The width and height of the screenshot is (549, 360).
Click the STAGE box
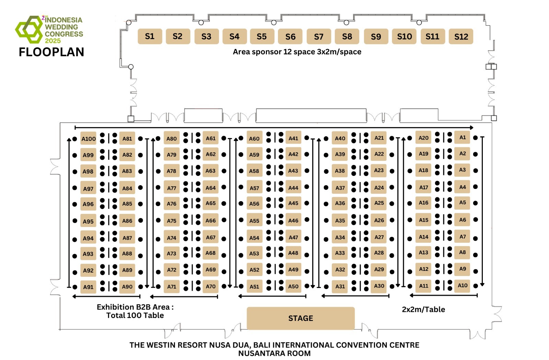pyautogui.click(x=301, y=318)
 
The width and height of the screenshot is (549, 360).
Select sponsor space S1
pyautogui.click(x=150, y=36)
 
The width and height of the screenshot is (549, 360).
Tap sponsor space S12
pyautogui.click(x=461, y=37)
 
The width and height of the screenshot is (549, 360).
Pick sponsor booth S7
pyautogui.click(x=318, y=37)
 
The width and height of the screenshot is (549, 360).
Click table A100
pyautogui.click(x=88, y=139)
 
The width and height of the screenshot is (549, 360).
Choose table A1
pyautogui.click(x=463, y=137)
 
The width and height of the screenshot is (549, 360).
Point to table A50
pyautogui.click(x=293, y=286)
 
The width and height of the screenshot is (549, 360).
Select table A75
pyautogui.click(x=172, y=221)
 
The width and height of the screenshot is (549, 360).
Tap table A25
pyautogui.click(x=379, y=203)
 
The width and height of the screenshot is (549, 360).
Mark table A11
pyautogui.click(x=423, y=286)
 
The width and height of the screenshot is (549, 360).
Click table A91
pyautogui.click(x=88, y=287)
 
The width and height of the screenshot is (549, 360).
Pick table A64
pyautogui.click(x=210, y=188)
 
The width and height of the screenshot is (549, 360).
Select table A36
pyautogui.click(x=340, y=203)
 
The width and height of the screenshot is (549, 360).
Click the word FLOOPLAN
pyautogui.click(x=51, y=52)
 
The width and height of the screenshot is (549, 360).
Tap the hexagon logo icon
pyautogui.click(x=29, y=29)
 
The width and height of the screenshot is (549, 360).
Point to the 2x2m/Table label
pyautogui.click(x=423, y=309)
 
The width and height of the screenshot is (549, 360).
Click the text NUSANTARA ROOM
pyautogui.click(x=274, y=353)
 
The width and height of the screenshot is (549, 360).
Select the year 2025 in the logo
pyautogui.click(x=53, y=41)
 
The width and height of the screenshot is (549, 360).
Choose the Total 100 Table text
pyautogui.click(x=135, y=315)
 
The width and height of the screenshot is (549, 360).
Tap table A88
pyautogui.click(x=127, y=254)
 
